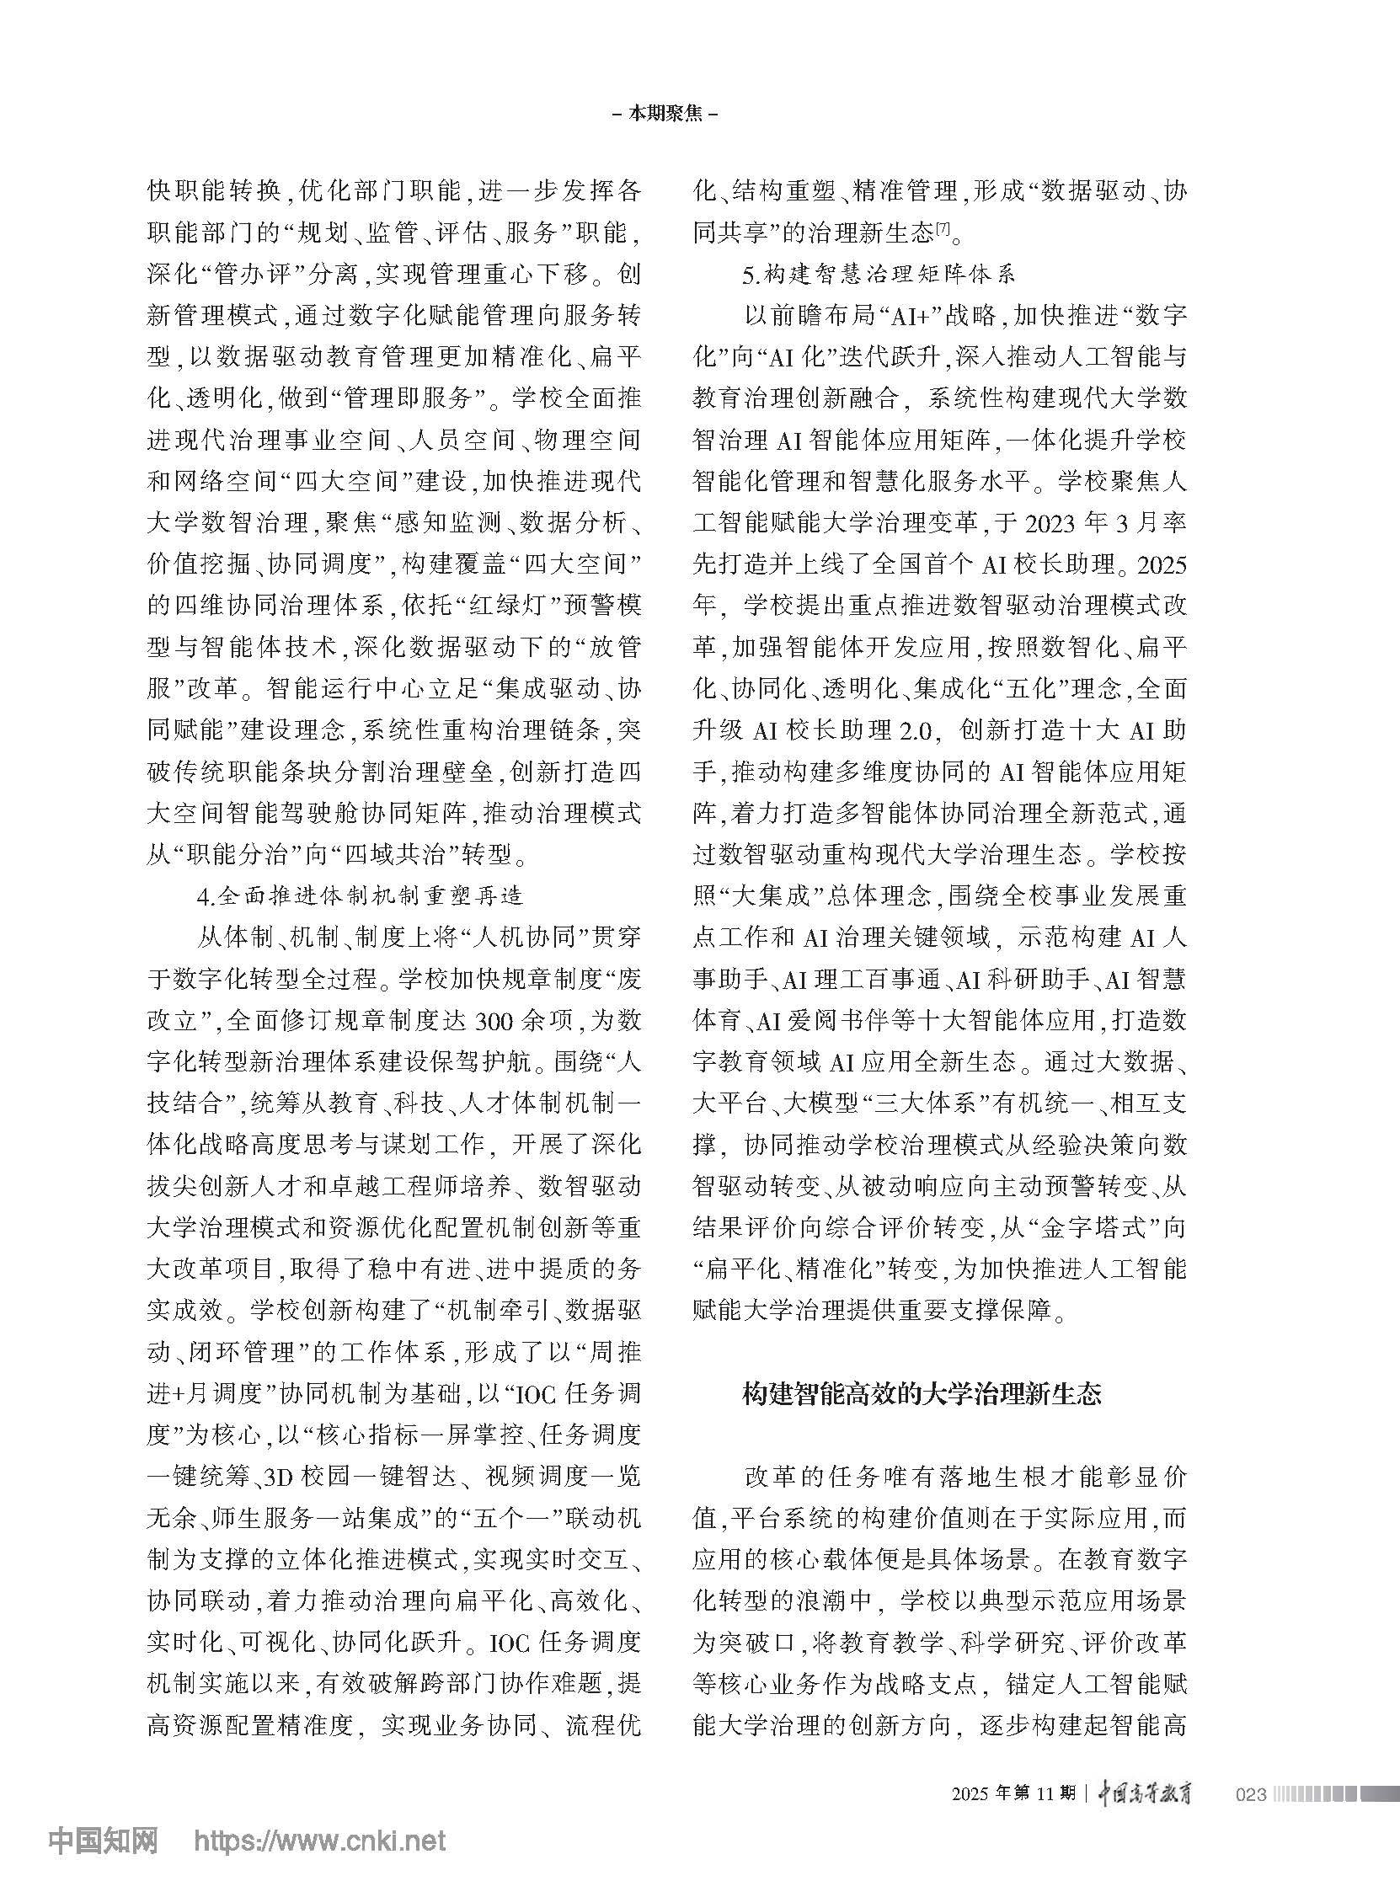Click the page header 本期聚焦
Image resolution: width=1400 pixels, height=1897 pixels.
[x=665, y=114]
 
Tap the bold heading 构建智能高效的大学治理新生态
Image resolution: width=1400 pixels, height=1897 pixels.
[x=922, y=1394]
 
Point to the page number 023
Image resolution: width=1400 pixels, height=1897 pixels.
[x=1252, y=1794]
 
